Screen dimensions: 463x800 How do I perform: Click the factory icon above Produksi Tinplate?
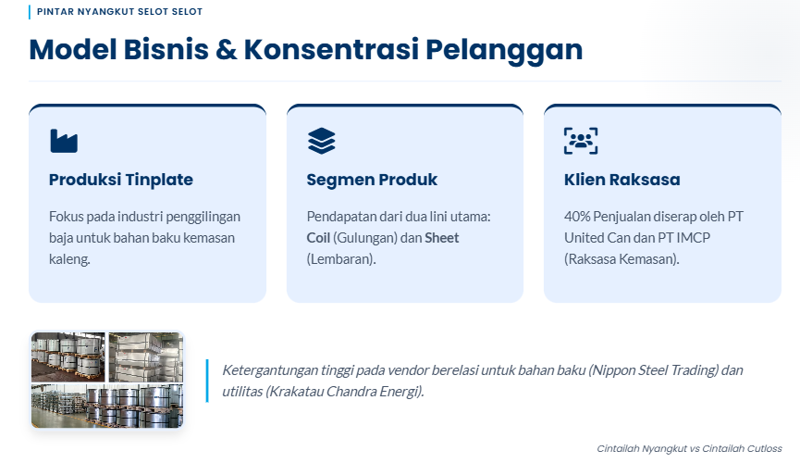64,141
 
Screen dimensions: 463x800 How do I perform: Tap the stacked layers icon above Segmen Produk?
321,141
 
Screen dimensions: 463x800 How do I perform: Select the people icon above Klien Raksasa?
580,141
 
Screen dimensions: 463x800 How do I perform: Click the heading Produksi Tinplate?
120,180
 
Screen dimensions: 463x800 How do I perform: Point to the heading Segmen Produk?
372,180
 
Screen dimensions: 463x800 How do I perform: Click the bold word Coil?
318,238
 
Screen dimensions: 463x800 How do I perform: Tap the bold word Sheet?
442,238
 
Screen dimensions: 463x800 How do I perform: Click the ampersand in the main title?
226,49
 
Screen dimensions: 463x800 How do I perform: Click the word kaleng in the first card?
68,259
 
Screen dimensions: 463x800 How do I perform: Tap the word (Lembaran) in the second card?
341,259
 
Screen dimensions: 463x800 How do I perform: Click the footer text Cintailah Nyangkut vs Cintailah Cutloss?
689,448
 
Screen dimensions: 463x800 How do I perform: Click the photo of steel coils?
107,380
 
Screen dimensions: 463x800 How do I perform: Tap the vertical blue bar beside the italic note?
206,381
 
